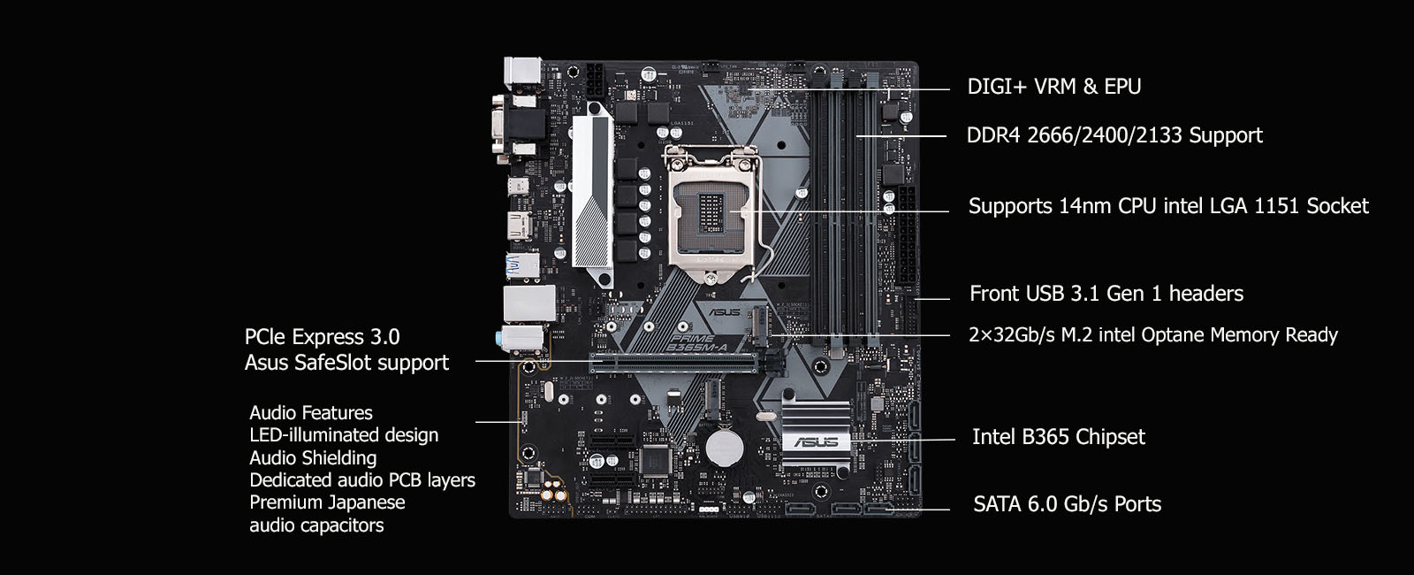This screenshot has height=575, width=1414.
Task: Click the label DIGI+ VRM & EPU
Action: point(1053,87)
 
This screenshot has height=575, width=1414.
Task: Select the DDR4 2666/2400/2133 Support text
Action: point(1114,135)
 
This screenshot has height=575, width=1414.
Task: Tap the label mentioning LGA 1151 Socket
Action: point(1168,206)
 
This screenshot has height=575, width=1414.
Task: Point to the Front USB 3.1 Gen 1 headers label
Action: point(1106,293)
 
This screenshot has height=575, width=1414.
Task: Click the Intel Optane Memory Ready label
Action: point(1152,334)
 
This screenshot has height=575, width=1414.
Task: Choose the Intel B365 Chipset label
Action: point(1058,437)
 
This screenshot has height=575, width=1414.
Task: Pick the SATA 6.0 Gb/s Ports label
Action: point(1067,503)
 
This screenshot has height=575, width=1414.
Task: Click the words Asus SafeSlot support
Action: point(346,363)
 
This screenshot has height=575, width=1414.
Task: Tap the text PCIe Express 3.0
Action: point(322,337)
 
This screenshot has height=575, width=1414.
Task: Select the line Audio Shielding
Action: point(313,457)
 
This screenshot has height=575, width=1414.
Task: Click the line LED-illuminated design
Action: point(344,435)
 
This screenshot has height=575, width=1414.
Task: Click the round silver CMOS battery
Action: point(724,448)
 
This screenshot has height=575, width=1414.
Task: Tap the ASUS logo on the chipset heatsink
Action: point(816,441)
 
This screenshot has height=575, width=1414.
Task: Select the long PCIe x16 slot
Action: point(673,363)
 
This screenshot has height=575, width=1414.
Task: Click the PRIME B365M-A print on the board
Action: point(697,343)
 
